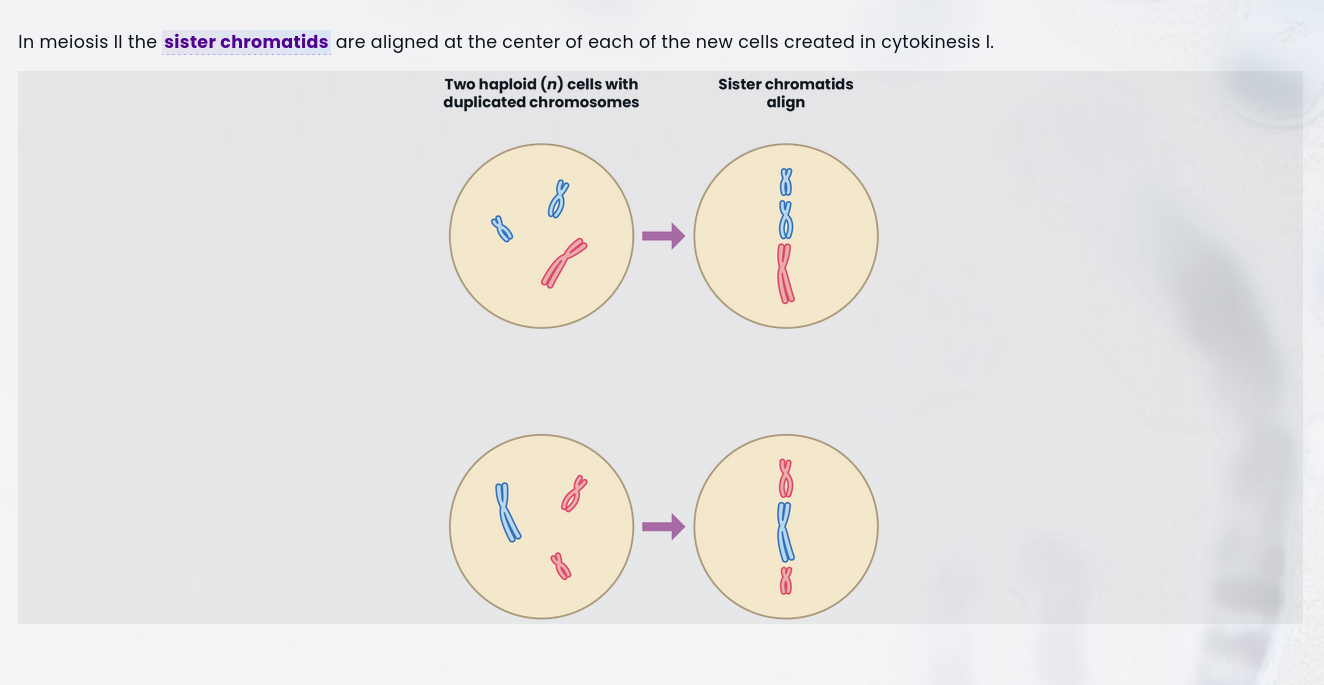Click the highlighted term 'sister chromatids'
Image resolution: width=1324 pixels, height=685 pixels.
point(246,42)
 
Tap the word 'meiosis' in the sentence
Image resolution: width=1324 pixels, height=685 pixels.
point(74,42)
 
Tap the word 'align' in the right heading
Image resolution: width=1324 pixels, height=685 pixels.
point(786,102)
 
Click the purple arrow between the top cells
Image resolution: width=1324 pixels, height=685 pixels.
point(663,236)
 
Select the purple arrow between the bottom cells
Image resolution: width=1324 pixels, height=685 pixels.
point(663,526)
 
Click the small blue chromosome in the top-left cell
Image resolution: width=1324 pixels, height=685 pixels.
point(502,229)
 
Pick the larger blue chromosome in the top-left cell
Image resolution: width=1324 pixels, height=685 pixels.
point(558,199)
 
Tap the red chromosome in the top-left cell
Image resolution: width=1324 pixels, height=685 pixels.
point(564,263)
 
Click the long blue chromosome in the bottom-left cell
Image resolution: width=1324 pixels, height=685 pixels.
point(507,511)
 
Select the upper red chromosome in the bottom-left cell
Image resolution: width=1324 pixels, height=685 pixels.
point(574,494)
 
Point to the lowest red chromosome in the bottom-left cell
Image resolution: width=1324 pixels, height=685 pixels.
point(561,567)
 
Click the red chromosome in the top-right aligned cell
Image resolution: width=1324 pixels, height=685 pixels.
point(785,273)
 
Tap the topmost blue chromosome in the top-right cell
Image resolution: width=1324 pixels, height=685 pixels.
point(786,183)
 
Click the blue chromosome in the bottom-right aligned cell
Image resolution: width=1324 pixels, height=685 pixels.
point(785,532)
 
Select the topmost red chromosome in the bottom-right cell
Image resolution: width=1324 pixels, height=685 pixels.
point(786,478)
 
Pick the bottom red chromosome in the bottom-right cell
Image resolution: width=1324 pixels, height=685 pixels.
point(786,581)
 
